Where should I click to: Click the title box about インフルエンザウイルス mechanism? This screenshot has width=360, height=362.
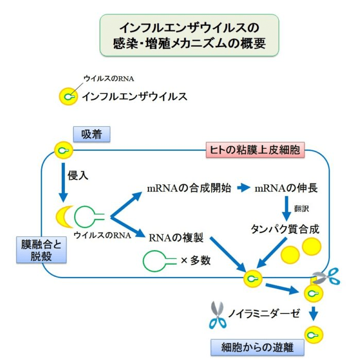tap(189, 34)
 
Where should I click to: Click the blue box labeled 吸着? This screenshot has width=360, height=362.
tap(92, 134)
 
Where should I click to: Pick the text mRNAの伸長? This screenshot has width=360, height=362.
tap(286, 188)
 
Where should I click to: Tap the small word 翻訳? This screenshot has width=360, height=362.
tap(302, 209)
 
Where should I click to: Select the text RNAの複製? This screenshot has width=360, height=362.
tap(176, 237)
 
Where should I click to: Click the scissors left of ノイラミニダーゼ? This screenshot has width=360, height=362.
tap(217, 315)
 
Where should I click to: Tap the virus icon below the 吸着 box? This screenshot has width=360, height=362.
tap(64, 151)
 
